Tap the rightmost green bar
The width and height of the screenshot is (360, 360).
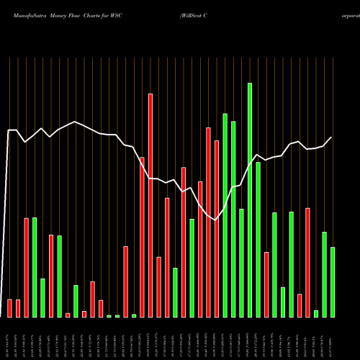pos(333,282)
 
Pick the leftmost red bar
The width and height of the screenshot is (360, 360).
pos(10,308)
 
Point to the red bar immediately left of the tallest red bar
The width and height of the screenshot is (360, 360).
pos(142,237)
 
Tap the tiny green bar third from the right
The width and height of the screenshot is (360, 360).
pos(316,313)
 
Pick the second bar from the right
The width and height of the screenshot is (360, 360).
pos(324,274)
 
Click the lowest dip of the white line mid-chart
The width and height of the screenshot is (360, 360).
pos(216,220)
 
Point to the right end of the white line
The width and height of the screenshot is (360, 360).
pos(332,137)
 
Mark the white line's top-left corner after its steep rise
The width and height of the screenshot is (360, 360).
pos(9,130)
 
